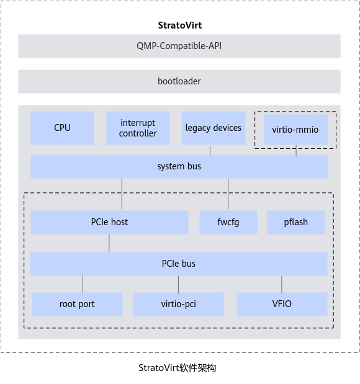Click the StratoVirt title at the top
tap(180, 25)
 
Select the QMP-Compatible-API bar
tap(179, 46)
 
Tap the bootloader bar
tap(179, 81)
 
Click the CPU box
tap(62, 128)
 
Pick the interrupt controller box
tap(138, 128)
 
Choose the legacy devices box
tap(214, 128)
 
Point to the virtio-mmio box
tap(296, 130)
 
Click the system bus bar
tap(179, 166)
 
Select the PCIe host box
tap(109, 222)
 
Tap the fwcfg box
tap(228, 222)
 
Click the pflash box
tap(296, 222)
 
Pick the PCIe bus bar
tap(179, 264)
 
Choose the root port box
tap(77, 304)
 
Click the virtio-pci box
tap(178, 304)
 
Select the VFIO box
tap(282, 304)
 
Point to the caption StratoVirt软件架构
tap(177, 368)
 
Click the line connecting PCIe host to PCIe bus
tap(109, 243)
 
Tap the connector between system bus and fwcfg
tap(228, 194)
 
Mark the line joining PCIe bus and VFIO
tap(282, 284)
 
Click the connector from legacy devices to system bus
tap(210, 150)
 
